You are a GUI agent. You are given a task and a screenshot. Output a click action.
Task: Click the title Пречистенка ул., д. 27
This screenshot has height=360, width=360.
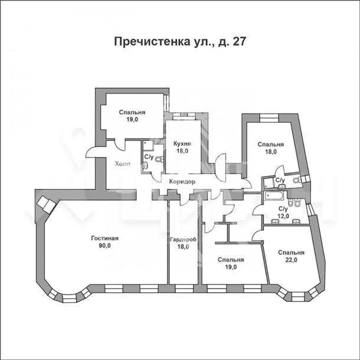(x=180, y=42)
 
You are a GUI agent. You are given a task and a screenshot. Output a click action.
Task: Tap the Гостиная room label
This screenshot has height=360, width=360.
(x=104, y=238)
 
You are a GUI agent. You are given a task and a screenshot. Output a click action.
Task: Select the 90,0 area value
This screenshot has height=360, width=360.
(x=104, y=246)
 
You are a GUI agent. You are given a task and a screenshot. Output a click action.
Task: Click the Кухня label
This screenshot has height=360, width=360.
(x=182, y=144)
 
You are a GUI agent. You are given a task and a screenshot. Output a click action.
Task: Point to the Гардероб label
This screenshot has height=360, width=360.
(x=183, y=240)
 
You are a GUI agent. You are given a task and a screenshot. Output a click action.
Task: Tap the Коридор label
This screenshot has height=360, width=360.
(x=182, y=182)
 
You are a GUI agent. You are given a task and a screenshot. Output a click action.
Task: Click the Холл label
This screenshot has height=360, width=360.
(x=123, y=163)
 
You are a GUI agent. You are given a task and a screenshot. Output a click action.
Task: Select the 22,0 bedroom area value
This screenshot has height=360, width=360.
(x=291, y=260)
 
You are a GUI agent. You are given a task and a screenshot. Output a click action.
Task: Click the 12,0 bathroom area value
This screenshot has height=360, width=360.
(x=283, y=216)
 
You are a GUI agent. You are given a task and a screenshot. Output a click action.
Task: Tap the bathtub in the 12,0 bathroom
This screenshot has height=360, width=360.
(x=274, y=197)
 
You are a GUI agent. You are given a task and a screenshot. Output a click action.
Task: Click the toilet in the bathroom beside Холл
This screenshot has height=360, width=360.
(x=159, y=159)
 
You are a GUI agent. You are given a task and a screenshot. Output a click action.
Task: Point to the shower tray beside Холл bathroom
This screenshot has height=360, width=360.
(x=148, y=145)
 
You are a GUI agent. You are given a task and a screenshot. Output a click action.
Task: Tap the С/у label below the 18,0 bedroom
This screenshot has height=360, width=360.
(x=280, y=180)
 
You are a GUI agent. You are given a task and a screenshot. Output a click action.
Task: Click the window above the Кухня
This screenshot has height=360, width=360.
(x=184, y=116)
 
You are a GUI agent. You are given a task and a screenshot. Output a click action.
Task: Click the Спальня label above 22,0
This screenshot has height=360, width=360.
(x=291, y=253)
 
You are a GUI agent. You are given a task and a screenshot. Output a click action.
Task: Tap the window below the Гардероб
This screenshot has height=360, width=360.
(x=184, y=289)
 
